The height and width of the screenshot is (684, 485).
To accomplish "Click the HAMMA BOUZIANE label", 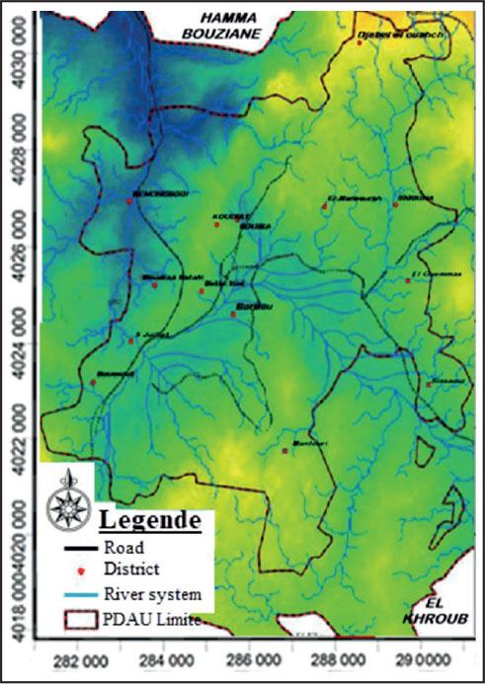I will click(228, 25).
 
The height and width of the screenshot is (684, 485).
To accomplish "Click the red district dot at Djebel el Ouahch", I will click(360, 42).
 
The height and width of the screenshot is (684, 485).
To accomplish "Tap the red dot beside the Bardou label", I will click(234, 314).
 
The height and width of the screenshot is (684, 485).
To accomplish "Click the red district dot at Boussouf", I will click(93, 382).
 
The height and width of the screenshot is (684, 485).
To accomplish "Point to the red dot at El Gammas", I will click(408, 280).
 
